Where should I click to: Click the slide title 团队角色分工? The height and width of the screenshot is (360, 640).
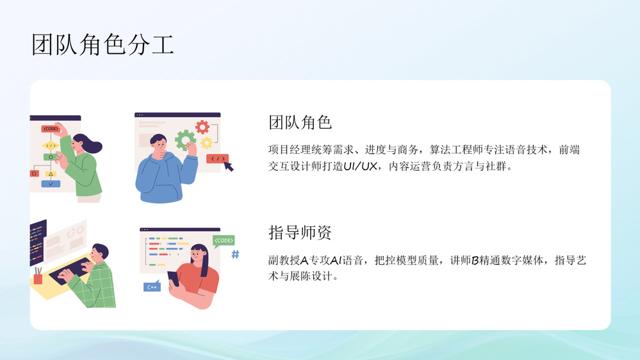103,44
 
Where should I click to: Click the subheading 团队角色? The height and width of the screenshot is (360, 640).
300,122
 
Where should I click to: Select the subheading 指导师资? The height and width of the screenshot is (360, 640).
300,233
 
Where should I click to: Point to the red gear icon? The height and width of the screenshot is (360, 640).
202,127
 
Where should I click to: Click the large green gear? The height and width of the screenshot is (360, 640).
185,140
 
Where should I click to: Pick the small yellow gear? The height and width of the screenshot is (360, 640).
206,142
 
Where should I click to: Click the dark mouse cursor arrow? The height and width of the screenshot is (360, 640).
228,166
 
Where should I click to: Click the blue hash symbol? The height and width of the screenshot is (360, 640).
236,255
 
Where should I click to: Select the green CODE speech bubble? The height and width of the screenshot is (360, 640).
224,241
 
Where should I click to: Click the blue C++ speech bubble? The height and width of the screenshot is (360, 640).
152,286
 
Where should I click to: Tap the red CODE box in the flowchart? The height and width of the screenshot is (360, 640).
51,129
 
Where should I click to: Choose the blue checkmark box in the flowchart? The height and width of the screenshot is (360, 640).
51,184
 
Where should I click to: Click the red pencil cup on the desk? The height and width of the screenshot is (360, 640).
38,279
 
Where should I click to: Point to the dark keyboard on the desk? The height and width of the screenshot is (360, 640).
72,270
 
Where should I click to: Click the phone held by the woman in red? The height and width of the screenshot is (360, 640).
173,279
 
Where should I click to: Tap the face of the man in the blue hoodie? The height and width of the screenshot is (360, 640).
159,144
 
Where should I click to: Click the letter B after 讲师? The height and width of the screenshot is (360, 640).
475,260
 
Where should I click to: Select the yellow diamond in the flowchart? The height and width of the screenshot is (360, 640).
51,145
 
